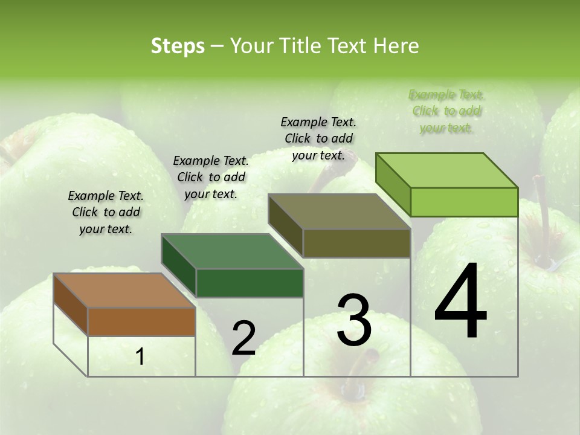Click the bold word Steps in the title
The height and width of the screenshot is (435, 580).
pos(178,46)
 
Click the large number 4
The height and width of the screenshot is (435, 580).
pos(460,301)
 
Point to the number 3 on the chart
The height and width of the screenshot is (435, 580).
pos(353,320)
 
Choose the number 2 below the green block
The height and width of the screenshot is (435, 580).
pos(243,338)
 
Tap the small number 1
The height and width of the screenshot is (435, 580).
pos(140,356)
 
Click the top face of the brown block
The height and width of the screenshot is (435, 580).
pos(124,291)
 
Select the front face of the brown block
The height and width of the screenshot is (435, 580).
pos(141,321)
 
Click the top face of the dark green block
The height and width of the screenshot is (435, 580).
pos(232,251)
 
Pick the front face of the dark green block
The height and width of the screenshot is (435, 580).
pos(250,283)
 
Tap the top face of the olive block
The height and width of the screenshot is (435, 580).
pos(340,211)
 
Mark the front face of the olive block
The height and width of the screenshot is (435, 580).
pos(356,243)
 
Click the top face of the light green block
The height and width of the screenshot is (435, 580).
pos(447,170)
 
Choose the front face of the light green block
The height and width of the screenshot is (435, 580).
pos(464,202)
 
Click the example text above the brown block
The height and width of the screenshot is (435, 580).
pos(106,212)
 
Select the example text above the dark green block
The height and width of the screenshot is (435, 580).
pos(211,177)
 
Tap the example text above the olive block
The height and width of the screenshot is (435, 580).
pos(318,138)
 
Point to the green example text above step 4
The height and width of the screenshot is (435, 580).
pos(446,111)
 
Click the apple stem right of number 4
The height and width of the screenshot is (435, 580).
pos(544,236)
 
